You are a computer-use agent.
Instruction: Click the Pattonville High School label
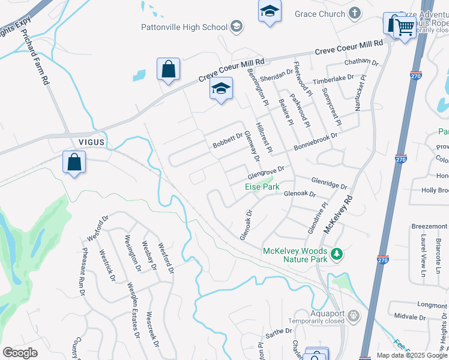point(184,27)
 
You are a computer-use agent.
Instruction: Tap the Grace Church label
point(320,13)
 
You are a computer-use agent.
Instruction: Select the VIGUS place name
point(91,142)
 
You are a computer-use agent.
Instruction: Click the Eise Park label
point(262,187)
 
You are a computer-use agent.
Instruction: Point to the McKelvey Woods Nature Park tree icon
point(337,254)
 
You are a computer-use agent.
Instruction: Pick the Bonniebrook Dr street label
point(316,142)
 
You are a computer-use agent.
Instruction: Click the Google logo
point(20,353)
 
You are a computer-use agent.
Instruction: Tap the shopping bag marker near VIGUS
point(74,162)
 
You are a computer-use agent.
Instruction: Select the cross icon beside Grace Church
point(355,13)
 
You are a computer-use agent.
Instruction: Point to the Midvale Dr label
point(411,317)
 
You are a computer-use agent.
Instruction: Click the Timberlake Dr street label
point(335,82)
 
